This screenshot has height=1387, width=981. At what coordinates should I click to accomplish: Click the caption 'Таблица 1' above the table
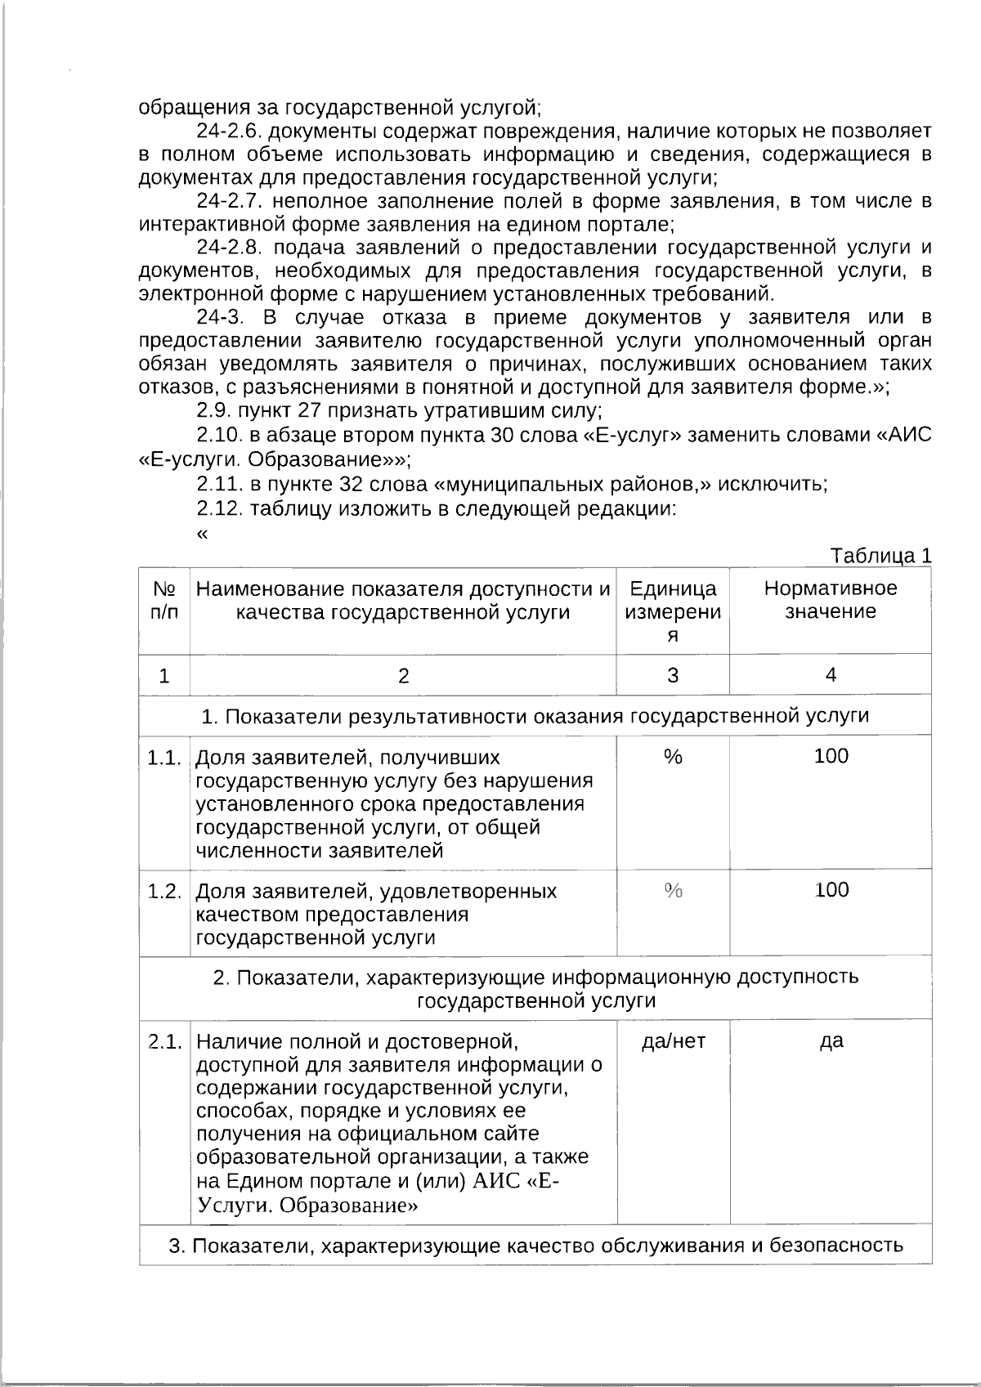point(880,557)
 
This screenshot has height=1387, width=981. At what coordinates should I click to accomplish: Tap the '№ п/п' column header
point(164,600)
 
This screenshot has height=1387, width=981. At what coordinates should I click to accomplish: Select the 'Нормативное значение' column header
point(830,600)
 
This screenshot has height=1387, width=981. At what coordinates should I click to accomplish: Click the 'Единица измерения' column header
point(673,611)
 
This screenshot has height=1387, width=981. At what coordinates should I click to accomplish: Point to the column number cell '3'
point(673,675)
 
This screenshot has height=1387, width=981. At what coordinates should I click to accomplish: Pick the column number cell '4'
point(831,674)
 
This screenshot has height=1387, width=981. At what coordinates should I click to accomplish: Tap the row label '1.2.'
point(164,891)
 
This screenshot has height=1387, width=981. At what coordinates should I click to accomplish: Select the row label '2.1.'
point(164,1042)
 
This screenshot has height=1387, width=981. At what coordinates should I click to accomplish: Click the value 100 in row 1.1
point(831,756)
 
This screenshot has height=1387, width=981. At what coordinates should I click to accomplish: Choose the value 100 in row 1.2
point(831,890)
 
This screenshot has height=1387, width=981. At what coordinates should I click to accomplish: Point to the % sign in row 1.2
point(673,891)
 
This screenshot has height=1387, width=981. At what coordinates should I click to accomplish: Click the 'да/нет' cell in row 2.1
point(673,1041)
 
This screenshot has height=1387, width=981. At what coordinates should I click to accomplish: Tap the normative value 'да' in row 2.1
point(831,1042)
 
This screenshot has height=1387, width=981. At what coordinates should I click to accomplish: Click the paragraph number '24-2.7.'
point(230,201)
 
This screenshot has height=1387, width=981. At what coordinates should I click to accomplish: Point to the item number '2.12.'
point(219,508)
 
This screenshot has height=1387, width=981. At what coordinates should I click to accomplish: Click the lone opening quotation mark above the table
point(202,534)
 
